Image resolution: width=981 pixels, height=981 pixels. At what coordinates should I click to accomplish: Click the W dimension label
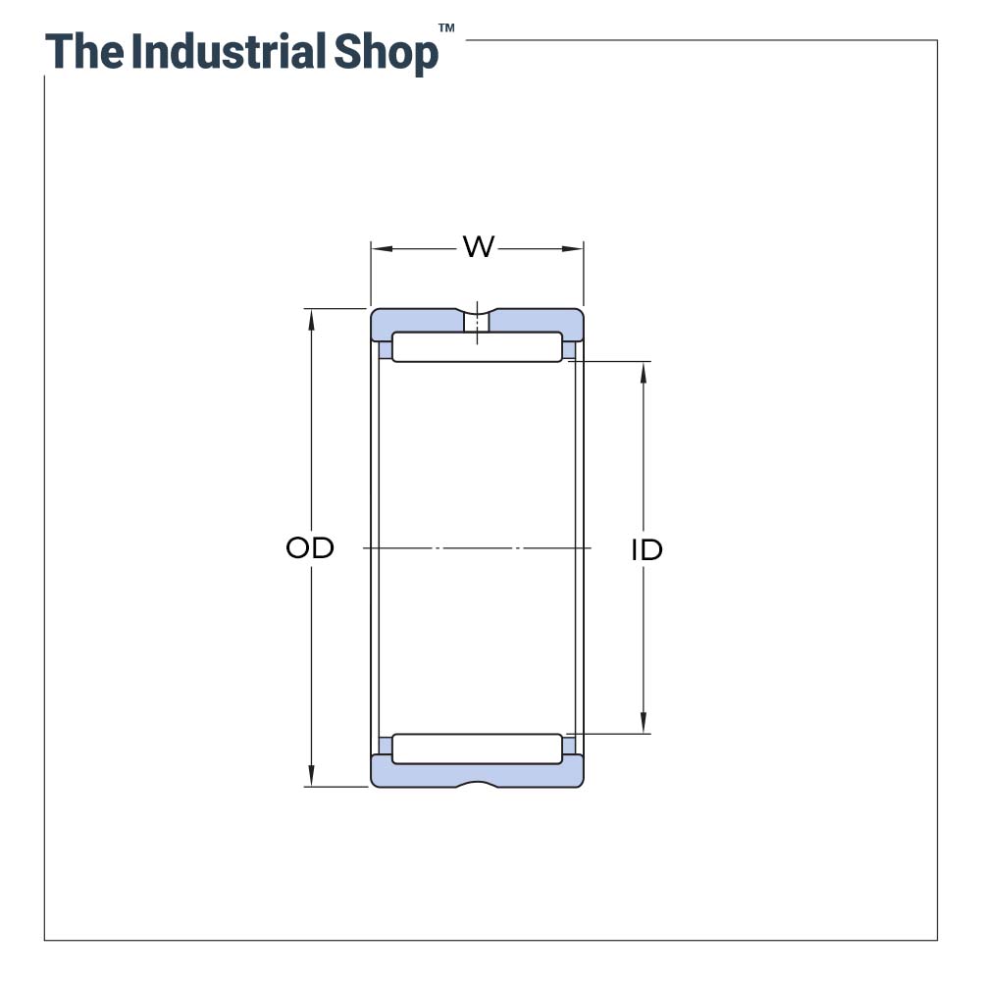[478, 247]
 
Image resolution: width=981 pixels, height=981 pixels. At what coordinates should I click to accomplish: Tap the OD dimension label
[310, 547]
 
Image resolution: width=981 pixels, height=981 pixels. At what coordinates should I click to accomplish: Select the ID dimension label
[646, 550]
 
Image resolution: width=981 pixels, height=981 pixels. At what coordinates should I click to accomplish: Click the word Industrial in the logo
[230, 51]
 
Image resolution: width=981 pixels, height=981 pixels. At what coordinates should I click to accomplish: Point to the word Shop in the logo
[387, 53]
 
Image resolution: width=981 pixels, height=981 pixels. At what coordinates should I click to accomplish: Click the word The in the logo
[84, 51]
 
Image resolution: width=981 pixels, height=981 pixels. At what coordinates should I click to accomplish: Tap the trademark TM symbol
[446, 28]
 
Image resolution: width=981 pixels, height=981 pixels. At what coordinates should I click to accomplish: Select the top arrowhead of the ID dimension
[644, 371]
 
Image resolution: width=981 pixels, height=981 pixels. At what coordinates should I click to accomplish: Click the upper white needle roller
[477, 347]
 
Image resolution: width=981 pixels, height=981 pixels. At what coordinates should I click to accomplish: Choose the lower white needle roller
[477, 749]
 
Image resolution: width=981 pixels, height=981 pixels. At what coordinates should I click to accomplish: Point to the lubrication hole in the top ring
[477, 322]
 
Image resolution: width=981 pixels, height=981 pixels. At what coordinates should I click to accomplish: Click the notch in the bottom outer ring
[477, 783]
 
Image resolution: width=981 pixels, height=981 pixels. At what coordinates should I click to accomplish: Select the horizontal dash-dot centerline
[477, 547]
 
